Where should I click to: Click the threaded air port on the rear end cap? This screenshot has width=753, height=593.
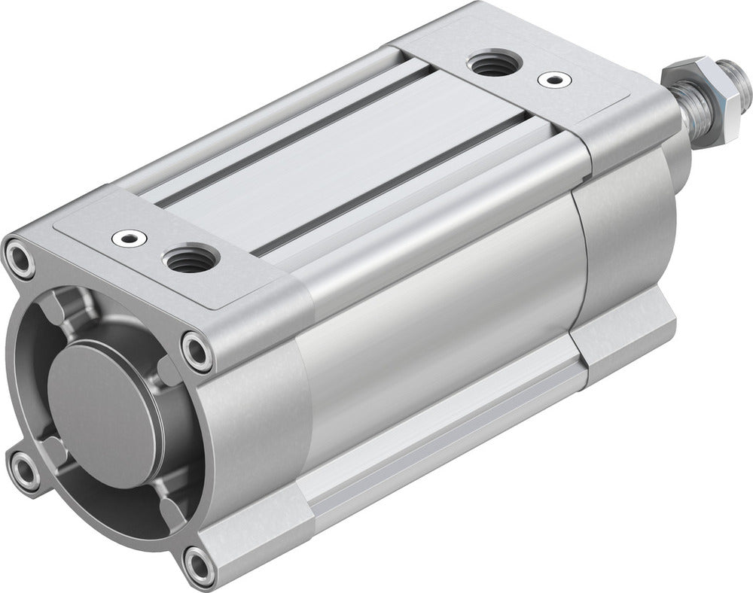491,65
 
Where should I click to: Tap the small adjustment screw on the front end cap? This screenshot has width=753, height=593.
125,239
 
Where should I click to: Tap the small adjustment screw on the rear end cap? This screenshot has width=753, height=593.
555,78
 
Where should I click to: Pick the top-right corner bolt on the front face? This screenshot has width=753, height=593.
197,350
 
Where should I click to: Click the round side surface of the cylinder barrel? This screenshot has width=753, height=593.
437,316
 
